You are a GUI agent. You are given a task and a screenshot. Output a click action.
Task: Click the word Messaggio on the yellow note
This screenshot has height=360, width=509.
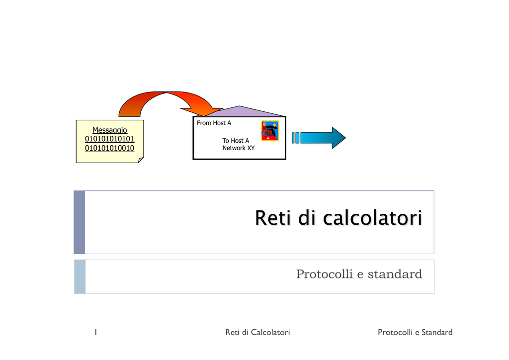[x=110, y=130]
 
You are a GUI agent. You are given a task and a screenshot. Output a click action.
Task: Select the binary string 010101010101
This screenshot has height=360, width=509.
[x=110, y=139]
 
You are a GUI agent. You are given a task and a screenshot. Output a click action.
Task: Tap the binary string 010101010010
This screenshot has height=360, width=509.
[x=110, y=148]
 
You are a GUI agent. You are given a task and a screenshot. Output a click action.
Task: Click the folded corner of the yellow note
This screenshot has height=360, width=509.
[x=141, y=160]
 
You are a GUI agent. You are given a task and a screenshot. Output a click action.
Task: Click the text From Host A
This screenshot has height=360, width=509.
[x=214, y=123]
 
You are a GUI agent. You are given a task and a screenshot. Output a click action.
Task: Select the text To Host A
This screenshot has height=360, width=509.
[x=236, y=141]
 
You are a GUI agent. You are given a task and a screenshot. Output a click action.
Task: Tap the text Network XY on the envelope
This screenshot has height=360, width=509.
[x=239, y=148]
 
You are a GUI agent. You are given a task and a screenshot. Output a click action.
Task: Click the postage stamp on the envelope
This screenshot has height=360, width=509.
[x=270, y=131]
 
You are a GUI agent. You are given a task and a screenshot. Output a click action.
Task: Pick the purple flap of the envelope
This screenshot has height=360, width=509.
[x=239, y=111]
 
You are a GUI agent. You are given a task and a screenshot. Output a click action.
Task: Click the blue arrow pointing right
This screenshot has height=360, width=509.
[x=319, y=138]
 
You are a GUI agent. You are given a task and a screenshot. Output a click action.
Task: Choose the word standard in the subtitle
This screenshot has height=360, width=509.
[x=395, y=274]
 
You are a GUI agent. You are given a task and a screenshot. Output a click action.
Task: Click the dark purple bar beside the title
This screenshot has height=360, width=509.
[x=80, y=222]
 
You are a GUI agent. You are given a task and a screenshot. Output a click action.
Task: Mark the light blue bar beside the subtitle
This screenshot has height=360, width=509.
[x=80, y=277]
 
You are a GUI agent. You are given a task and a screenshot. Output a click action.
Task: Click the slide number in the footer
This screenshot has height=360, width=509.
[x=96, y=332]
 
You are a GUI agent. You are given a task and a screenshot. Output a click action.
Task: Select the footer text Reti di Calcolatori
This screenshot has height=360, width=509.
[x=257, y=332]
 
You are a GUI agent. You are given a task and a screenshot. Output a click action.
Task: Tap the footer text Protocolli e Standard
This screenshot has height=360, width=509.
[x=415, y=332]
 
